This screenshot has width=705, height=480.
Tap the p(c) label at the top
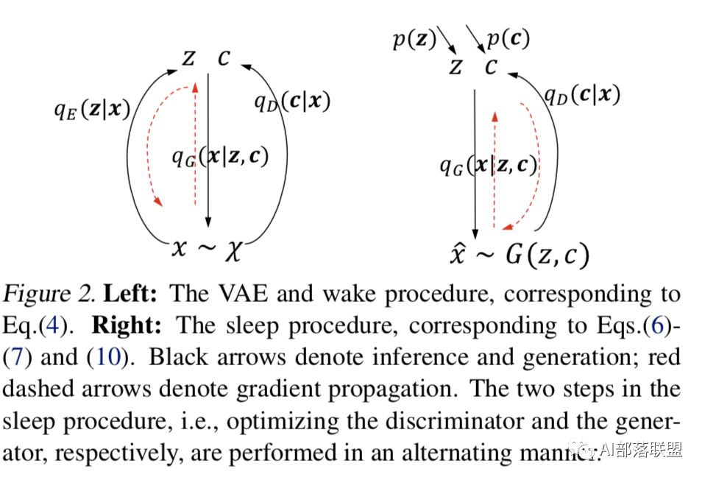pos(507,39)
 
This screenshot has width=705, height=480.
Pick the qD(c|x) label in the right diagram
pos(582,94)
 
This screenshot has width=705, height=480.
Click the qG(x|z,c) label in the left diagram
pos(220,155)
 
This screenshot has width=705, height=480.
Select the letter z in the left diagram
pos(189,58)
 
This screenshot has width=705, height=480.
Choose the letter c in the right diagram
pos(492,67)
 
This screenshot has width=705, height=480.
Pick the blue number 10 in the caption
pos(104,358)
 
